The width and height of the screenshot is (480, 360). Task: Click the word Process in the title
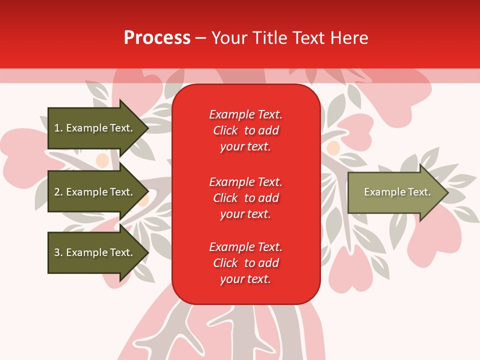pos(157,38)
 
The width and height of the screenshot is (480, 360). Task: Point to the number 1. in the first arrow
pos(58,128)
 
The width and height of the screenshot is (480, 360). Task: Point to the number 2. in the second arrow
pos(58,192)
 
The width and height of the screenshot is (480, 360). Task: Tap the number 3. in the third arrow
pos(58,252)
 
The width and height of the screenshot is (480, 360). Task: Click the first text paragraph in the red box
pos(245,130)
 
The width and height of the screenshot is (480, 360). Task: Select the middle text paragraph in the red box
pos(245,197)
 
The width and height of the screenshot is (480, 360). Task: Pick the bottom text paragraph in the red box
pos(245,263)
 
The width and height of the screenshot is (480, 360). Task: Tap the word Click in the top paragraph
pos(225,130)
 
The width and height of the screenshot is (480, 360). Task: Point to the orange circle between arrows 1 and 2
pos(102,160)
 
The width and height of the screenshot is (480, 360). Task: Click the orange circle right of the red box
pos(333,147)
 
